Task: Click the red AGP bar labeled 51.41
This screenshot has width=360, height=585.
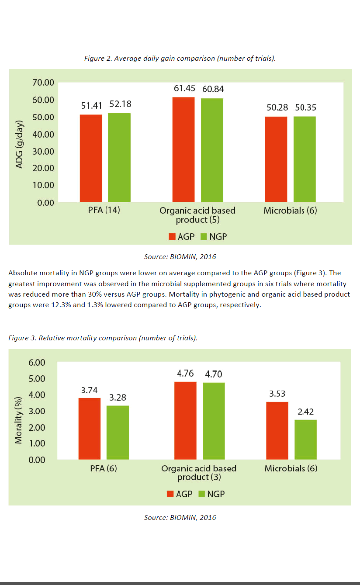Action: pyautogui.click(x=91, y=158)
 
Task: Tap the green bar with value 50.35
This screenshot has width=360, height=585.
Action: pyautogui.click(x=305, y=159)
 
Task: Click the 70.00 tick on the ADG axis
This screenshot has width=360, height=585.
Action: pyautogui.click(x=43, y=83)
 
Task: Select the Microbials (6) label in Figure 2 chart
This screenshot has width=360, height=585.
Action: pyautogui.click(x=290, y=211)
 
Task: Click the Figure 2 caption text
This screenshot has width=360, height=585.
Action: pyautogui.click(x=180, y=58)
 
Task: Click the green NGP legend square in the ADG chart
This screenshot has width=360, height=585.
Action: pyautogui.click(x=204, y=237)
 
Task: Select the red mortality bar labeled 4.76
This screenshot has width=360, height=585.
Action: pyautogui.click(x=185, y=420)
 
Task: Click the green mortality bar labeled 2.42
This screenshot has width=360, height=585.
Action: pyautogui.click(x=305, y=439)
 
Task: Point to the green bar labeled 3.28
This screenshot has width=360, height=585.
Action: pyautogui.click(x=118, y=432)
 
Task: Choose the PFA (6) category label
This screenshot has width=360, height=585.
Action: pyautogui.click(x=104, y=469)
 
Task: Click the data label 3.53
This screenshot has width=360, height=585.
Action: pyautogui.click(x=277, y=394)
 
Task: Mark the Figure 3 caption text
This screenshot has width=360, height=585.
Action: pyautogui.click(x=103, y=339)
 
